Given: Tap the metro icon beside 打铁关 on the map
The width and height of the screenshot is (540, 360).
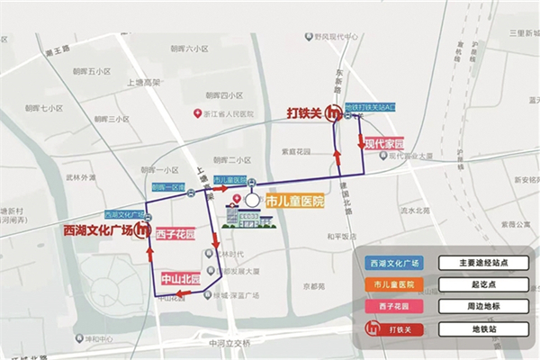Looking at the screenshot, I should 334,114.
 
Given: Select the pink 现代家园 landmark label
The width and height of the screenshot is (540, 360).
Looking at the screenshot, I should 383,143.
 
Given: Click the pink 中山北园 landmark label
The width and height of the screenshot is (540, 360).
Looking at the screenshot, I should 181,278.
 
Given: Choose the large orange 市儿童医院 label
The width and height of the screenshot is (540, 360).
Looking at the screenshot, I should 295,202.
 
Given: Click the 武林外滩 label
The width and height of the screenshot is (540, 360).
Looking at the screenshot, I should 80,177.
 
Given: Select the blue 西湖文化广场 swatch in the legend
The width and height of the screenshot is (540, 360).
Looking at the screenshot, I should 395,263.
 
